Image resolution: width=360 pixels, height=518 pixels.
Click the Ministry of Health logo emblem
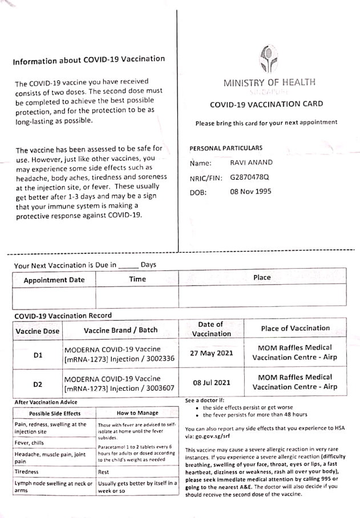pos(269,60)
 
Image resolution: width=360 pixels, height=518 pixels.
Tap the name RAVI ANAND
pos(251,163)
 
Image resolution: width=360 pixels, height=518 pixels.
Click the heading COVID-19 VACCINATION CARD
pos(266,104)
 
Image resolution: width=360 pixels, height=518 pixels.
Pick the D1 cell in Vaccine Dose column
pos(38,355)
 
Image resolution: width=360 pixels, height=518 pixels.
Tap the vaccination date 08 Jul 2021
pos(211,383)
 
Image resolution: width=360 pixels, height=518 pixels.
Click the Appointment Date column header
pos(54,280)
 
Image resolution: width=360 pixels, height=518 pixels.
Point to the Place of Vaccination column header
pos(295,328)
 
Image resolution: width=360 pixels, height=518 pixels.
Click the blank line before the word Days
pos(128,265)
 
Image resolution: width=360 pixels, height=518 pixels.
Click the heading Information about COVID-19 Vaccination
pos(89,59)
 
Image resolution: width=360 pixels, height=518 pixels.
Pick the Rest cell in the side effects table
pos(104,472)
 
